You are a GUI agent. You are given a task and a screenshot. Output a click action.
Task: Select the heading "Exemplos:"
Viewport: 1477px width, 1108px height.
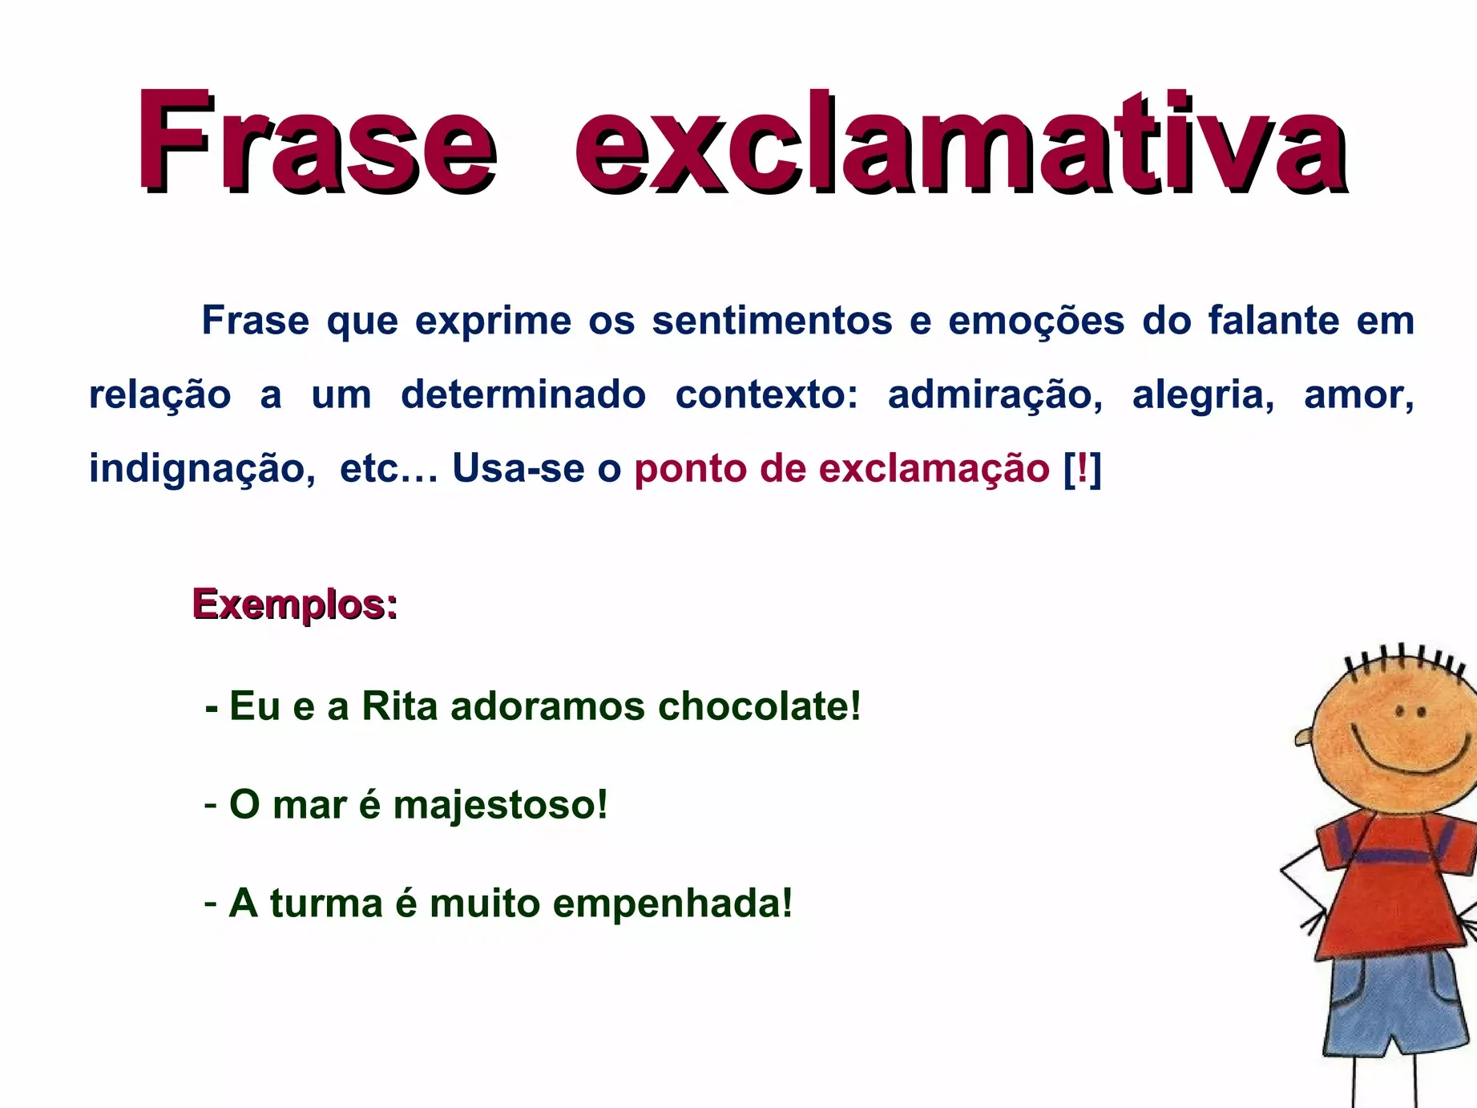coord(295,605)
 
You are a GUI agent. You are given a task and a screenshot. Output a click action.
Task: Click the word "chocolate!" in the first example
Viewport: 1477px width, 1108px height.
coord(759,706)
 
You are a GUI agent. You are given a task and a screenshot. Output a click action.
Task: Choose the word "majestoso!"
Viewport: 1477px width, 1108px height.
coord(500,805)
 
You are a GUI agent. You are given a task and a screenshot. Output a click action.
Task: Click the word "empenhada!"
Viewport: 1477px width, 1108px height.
coord(672,904)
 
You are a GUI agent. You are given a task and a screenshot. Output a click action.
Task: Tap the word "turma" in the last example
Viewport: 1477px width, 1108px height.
coord(326,904)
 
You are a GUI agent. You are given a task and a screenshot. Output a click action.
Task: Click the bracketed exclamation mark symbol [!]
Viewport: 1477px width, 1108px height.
coord(1082,468)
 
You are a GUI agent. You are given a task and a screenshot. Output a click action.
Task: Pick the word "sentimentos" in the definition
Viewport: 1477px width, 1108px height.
coord(772,321)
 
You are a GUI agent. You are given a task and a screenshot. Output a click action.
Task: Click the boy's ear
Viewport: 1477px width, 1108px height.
coord(1304,737)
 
